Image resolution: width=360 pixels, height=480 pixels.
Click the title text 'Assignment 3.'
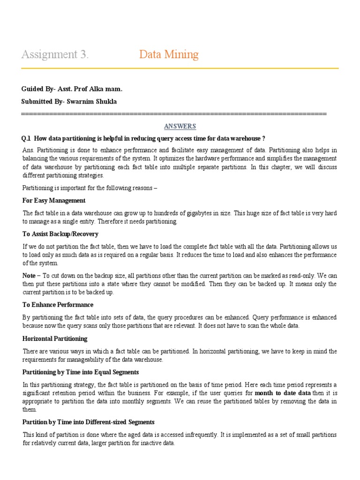coord(55,55)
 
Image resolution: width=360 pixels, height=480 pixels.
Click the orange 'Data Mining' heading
coord(169,55)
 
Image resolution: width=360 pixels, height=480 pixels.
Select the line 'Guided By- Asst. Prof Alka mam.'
coord(72,89)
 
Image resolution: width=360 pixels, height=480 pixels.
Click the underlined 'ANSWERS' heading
coord(180,126)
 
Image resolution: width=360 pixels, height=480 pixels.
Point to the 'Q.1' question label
coord(26,138)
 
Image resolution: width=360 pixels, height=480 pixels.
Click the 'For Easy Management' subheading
coord(54,200)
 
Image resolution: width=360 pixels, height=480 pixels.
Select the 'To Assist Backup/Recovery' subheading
coord(60,234)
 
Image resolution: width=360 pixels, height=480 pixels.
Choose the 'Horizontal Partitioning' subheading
coord(55,338)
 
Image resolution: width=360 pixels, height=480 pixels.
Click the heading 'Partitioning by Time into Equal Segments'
coord(81,372)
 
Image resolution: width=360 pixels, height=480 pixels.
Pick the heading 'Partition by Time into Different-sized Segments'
coord(89,422)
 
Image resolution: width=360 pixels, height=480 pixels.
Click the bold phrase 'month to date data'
coord(283,393)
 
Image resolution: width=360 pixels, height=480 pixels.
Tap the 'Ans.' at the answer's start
coord(28,150)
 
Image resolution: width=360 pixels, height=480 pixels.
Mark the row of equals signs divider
coord(174,114)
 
